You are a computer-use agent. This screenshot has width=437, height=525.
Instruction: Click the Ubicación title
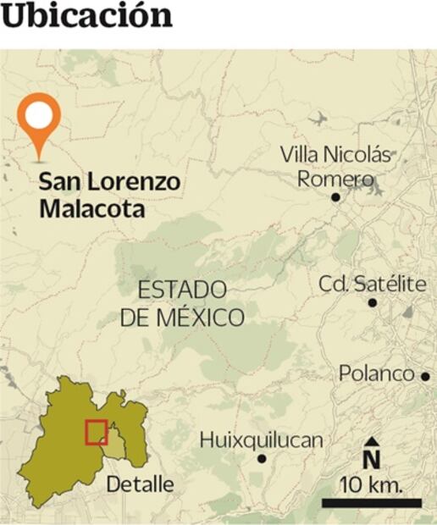[x=87, y=16]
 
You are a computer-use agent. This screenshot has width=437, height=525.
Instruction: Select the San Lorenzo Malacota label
[x=109, y=195]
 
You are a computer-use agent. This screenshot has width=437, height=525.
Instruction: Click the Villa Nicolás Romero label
[x=336, y=167]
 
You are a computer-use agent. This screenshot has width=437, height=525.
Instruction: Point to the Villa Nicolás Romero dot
[x=335, y=196]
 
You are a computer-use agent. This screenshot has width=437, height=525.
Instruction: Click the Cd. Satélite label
[x=373, y=284]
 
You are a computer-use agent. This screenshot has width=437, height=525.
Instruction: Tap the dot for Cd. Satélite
[x=373, y=302]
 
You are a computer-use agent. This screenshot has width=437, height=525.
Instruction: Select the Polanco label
[x=376, y=373]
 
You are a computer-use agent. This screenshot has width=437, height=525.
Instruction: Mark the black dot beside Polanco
[x=425, y=376]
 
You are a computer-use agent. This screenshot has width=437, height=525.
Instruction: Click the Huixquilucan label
[x=262, y=440]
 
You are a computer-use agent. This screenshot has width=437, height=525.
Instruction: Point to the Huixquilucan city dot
[x=262, y=459]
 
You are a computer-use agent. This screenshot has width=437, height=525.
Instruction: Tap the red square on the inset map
[x=96, y=431]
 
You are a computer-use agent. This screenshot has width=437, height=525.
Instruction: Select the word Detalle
[x=141, y=484]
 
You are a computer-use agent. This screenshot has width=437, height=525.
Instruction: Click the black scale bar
[x=371, y=503]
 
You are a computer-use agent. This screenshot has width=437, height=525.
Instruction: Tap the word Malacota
[x=91, y=207]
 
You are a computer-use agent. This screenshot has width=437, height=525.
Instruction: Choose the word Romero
[x=335, y=180]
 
